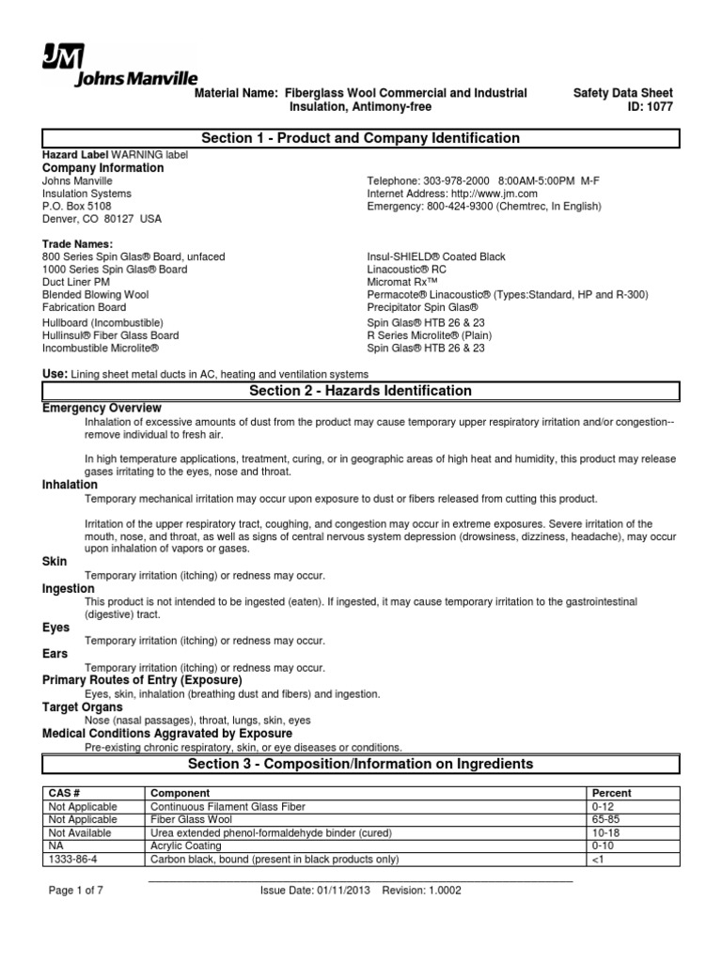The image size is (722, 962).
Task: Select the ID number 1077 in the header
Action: pos(657,107)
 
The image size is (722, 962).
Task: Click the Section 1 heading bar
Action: pos(361,138)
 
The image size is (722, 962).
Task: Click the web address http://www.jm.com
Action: pos(485,194)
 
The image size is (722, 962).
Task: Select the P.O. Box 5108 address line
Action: pos(77,206)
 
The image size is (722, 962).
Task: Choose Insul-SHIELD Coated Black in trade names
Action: pos(436,256)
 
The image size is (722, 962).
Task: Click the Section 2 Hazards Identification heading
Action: pos(361,391)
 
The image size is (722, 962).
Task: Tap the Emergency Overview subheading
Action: pos(102,408)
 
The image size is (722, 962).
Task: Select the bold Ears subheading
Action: pos(56,654)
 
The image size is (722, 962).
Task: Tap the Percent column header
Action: pos(611,793)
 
